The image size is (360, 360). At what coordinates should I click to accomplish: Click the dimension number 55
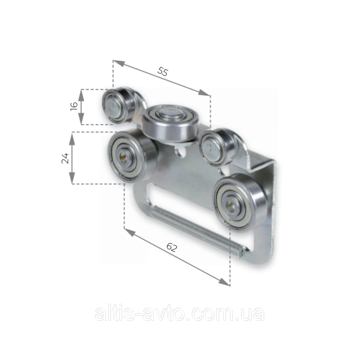[x=163, y=72]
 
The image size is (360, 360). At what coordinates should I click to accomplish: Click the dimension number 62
[x=172, y=247]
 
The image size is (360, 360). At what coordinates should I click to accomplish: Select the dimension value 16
[x=74, y=106]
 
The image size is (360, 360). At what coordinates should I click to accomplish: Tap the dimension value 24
[x=65, y=158]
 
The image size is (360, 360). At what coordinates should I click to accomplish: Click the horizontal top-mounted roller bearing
[x=170, y=123]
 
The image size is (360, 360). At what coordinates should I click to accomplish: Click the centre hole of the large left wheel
[x=122, y=158]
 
